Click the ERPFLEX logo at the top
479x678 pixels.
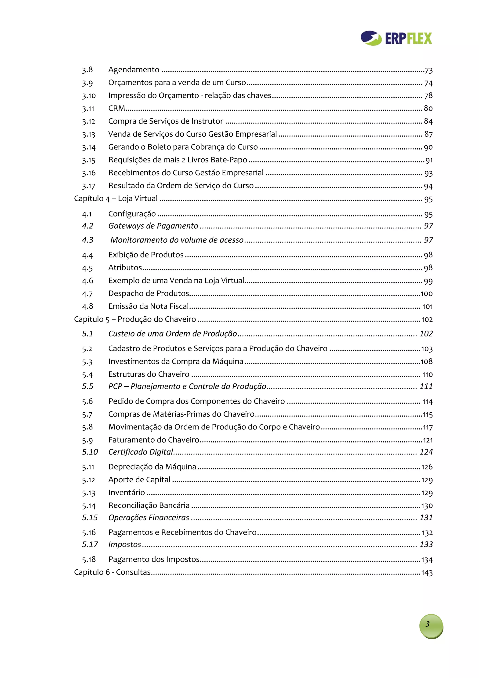click(396, 38)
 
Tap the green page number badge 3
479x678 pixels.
click(431, 626)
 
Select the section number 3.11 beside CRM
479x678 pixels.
click(88, 109)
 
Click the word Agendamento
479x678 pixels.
click(134, 70)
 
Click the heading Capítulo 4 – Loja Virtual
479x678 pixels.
click(116, 199)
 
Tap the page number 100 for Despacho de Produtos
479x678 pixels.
click(426, 294)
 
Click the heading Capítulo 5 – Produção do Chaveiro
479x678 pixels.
click(135, 319)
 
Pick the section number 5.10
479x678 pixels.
click(90, 452)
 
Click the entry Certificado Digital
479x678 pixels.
click(141, 452)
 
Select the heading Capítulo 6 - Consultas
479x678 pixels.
click(112, 572)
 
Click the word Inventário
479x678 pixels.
click(126, 493)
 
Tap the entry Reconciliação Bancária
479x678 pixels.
click(149, 506)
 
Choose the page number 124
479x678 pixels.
click(426, 452)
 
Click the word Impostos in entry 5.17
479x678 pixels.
click(125, 545)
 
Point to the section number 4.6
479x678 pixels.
click(87, 281)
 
